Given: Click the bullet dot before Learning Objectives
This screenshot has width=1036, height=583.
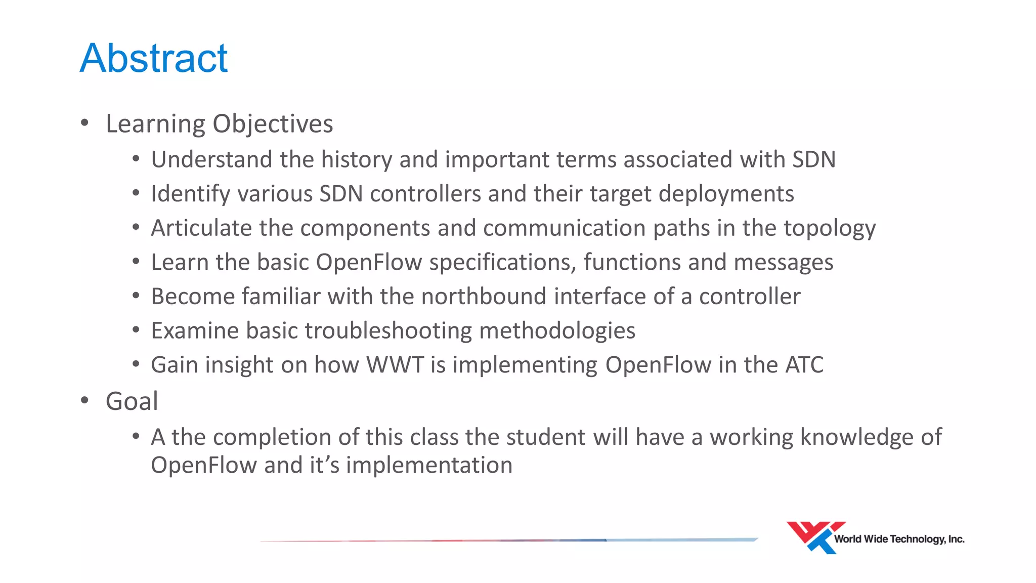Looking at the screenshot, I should [84, 122].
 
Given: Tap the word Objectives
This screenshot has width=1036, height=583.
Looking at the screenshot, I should [273, 124].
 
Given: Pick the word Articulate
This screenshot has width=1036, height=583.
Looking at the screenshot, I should [201, 228].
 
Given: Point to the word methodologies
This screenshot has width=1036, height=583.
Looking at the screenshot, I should [557, 330].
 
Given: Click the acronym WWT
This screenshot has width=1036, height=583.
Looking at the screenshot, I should [395, 365].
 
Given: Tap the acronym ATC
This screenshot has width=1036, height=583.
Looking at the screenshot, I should [804, 365].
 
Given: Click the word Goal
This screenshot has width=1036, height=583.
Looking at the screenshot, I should [132, 401].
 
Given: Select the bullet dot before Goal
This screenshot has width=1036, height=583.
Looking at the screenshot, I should [84, 400].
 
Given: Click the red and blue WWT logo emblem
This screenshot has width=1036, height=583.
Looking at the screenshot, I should [814, 537].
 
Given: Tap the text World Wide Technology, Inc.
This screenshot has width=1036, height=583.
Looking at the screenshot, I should [899, 539].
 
